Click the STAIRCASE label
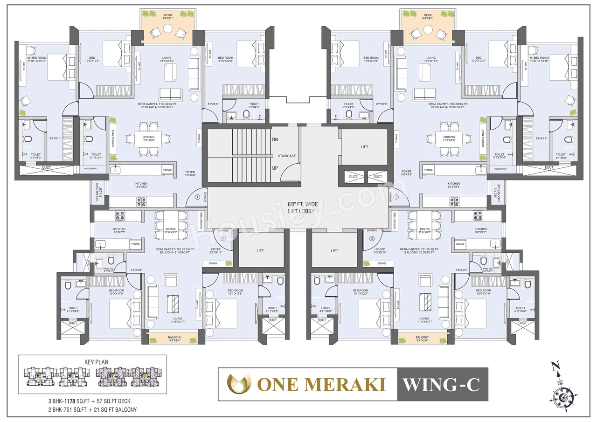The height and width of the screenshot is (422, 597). [x=287, y=156]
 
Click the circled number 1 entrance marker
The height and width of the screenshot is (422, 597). [x=197, y=197]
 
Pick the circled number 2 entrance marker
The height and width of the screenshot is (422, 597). [x=396, y=197]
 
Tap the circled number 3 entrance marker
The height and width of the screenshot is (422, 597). [x=372, y=238]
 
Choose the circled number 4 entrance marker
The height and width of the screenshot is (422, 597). [x=223, y=238]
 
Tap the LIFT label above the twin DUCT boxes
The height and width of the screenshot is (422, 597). [x=364, y=147]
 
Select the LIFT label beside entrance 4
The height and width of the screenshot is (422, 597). [x=260, y=251]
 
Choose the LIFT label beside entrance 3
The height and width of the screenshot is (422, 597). [x=334, y=251]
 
